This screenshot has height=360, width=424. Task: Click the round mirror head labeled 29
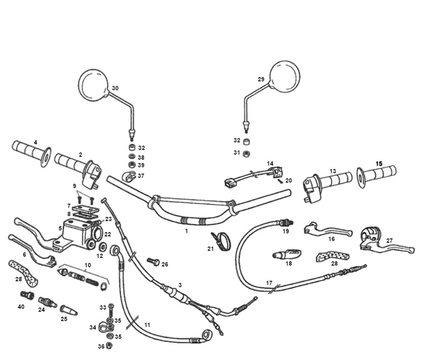285,75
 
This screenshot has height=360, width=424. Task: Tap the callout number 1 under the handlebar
186,231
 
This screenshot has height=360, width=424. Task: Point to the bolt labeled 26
153,262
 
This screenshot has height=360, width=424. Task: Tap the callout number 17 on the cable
269,282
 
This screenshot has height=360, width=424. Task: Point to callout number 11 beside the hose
147,325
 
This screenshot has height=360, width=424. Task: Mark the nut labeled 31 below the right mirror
246,153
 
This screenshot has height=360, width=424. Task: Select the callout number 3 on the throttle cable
180,285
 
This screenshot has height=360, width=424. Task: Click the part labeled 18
284,255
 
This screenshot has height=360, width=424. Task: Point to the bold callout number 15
379,163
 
